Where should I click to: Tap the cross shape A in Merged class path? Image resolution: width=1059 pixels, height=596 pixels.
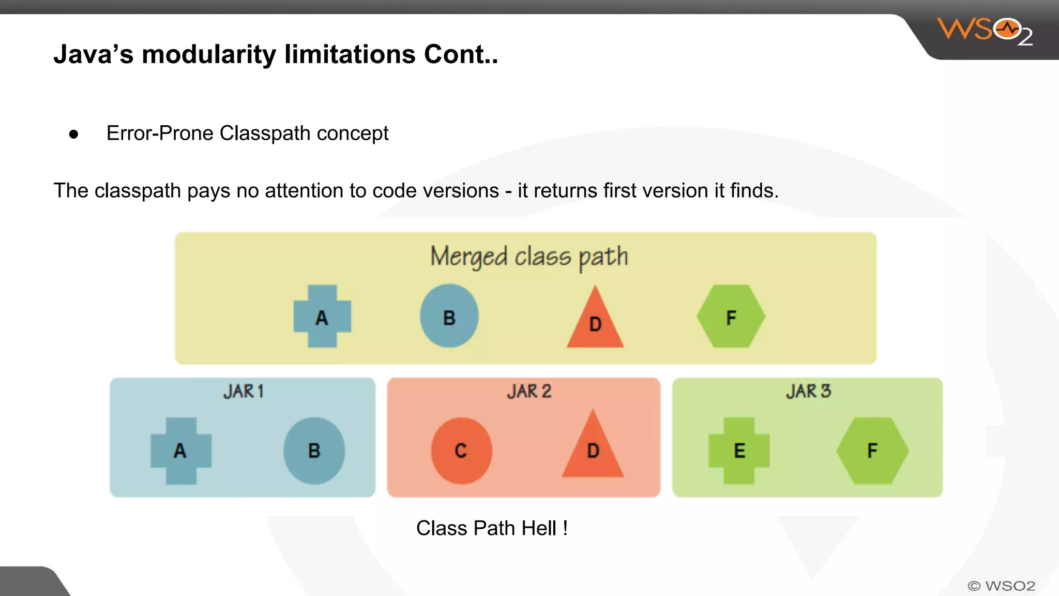(322, 316)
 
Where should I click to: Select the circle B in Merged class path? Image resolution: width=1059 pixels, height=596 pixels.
(449, 316)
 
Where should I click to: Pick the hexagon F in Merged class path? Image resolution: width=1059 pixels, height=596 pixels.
(731, 316)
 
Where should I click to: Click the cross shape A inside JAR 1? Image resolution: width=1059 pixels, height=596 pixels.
(180, 451)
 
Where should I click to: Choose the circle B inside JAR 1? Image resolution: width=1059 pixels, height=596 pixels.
(314, 451)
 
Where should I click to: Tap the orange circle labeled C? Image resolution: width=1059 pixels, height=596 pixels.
(461, 451)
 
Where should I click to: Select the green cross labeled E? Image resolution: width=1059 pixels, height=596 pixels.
(739, 451)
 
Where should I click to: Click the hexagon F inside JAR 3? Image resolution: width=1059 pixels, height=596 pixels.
(872, 451)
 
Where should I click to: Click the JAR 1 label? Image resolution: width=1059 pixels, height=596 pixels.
(244, 391)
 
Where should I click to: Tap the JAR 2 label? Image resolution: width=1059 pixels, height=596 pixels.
(529, 391)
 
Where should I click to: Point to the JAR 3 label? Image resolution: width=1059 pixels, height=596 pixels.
(808, 391)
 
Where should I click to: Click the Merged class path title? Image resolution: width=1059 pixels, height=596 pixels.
(529, 257)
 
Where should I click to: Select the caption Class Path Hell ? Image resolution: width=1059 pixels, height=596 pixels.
(492, 528)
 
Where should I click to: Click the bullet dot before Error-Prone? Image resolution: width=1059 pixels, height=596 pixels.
(73, 135)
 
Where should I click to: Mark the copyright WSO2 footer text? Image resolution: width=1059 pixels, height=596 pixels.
(1001, 586)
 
